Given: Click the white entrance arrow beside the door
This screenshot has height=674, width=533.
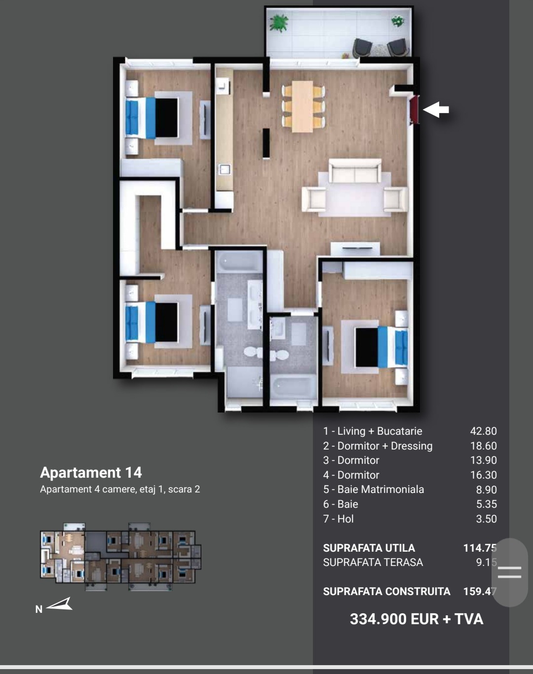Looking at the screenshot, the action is click(x=436, y=110).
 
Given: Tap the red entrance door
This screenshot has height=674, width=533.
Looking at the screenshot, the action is click(x=415, y=110).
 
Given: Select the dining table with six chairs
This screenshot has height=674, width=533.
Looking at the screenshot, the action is click(x=303, y=107).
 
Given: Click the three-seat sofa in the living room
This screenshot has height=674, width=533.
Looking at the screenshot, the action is click(x=355, y=171).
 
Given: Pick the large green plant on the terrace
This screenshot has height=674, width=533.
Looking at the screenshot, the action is click(x=278, y=23).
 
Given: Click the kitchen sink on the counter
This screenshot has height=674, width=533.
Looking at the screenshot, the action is click(x=225, y=169).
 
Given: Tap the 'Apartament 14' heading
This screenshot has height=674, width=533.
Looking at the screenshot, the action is click(x=91, y=472).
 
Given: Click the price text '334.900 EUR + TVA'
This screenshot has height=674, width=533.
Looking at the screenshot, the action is click(x=417, y=619).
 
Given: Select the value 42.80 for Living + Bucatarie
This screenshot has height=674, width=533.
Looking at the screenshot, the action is click(x=483, y=431).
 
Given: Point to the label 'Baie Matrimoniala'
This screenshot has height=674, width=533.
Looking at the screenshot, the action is click(x=381, y=489).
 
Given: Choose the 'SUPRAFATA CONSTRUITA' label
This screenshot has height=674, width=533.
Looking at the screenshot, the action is click(x=386, y=591).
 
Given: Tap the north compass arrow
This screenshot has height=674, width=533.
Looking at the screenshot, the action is click(x=60, y=604).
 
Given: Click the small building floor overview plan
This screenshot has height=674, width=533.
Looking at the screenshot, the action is click(x=120, y=556).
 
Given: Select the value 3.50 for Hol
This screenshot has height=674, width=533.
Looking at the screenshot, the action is click(x=486, y=519).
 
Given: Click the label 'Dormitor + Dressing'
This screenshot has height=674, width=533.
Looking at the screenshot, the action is click(x=385, y=446).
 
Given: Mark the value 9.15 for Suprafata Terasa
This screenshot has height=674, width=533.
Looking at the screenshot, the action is click(x=486, y=562).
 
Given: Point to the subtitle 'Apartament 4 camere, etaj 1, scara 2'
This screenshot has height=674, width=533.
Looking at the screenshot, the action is click(x=120, y=489).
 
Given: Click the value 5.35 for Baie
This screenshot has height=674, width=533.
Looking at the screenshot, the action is click(x=486, y=504).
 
